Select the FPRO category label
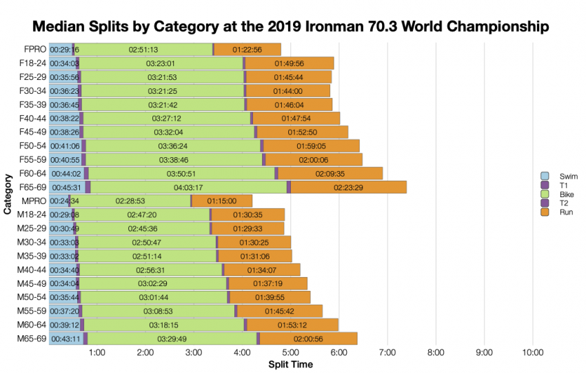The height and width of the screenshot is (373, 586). click(34, 50)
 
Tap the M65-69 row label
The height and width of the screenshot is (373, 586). click(32, 339)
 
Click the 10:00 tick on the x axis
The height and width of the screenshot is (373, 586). click(532, 353)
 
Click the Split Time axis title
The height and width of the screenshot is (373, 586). click(290, 364)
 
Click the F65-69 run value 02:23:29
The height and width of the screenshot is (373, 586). click(348, 188)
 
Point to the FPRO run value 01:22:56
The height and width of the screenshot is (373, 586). click(247, 50)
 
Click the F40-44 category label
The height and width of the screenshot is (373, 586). click(32, 119)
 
